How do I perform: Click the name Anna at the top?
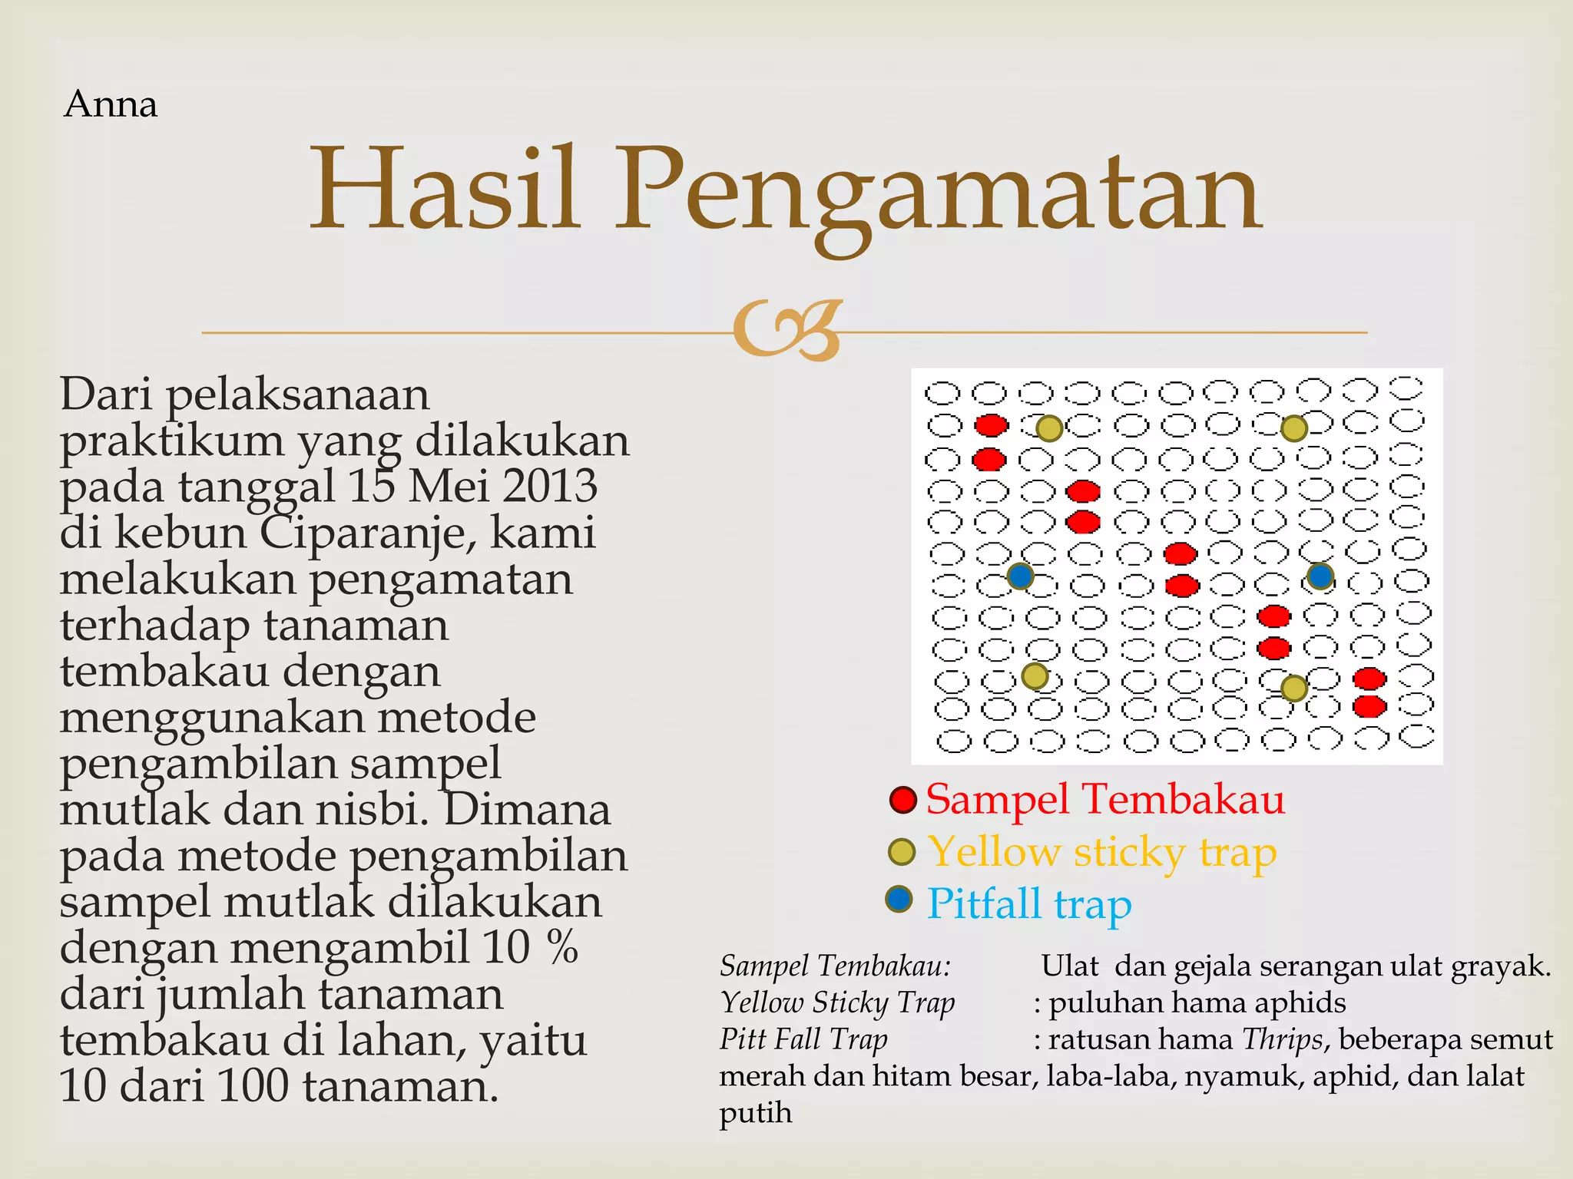tap(111, 104)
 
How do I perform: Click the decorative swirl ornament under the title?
tap(787, 331)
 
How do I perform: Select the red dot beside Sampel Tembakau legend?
tap(902, 800)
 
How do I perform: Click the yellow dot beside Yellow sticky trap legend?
tap(902, 851)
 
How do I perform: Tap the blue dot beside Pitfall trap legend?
tap(899, 899)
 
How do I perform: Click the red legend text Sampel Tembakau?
tap(1104, 799)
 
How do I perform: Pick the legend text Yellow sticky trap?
tap(1101, 853)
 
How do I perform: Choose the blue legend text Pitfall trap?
tap(1028, 903)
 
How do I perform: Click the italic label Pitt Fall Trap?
tap(803, 1039)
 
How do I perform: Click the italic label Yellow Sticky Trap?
tap(837, 1002)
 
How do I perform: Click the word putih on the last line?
tap(755, 1112)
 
